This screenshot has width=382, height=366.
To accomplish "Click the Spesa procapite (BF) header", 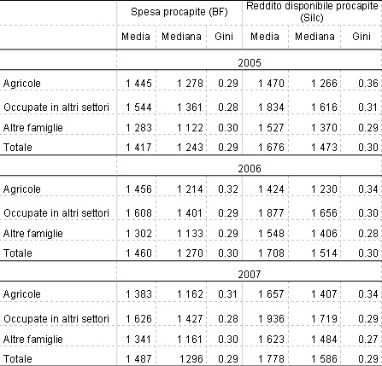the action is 179,12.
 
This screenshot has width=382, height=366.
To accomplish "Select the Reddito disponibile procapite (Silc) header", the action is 312,12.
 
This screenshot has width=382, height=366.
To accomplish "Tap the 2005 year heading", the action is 250,63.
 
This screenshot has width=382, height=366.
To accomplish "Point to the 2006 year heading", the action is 250,169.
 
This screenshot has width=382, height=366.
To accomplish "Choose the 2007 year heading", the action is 250,274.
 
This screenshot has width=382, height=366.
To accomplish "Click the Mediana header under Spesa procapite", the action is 181,37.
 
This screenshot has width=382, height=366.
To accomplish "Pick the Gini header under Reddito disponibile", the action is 361,37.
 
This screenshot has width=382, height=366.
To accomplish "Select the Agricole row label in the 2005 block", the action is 22,84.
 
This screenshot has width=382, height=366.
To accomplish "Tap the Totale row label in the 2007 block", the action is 18,359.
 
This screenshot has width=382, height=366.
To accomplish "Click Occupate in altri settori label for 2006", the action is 56,213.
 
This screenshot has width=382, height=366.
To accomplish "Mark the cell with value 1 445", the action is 138,84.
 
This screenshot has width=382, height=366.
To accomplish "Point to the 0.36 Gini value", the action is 368,84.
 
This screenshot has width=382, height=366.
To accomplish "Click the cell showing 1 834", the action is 271,107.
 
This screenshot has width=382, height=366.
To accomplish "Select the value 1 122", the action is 190,128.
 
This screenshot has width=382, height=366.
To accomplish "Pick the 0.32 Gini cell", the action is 228,189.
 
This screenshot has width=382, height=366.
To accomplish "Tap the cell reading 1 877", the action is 271,213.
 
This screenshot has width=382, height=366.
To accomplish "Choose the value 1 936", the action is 271,319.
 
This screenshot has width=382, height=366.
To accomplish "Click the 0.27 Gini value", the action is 368,340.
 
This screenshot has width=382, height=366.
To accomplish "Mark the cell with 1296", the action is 191,359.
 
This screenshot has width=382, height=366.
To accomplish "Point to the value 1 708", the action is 271,253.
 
